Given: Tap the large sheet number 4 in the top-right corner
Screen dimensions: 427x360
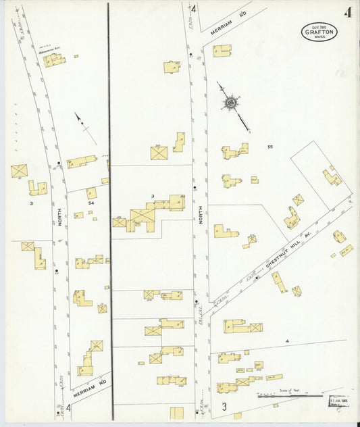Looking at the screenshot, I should click(x=348, y=11).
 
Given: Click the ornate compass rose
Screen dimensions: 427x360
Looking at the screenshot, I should click(x=231, y=103).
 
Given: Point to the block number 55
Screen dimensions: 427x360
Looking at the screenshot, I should click(x=270, y=147).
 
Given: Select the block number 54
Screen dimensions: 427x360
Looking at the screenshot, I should click(x=91, y=202).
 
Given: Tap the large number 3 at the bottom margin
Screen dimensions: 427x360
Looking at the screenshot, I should click(x=224, y=407).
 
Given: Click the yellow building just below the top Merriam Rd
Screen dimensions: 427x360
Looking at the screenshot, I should click(x=222, y=50).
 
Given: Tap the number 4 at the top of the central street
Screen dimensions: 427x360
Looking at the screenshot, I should click(x=193, y=9).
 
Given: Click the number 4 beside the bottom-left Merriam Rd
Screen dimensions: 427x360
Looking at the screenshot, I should click(x=68, y=407).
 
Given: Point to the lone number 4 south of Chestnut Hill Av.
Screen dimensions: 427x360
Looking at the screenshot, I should click(x=287, y=342).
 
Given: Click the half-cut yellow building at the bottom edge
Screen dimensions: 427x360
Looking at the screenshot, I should click(x=177, y=412).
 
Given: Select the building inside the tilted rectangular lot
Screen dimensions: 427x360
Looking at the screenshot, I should click(x=332, y=177).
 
